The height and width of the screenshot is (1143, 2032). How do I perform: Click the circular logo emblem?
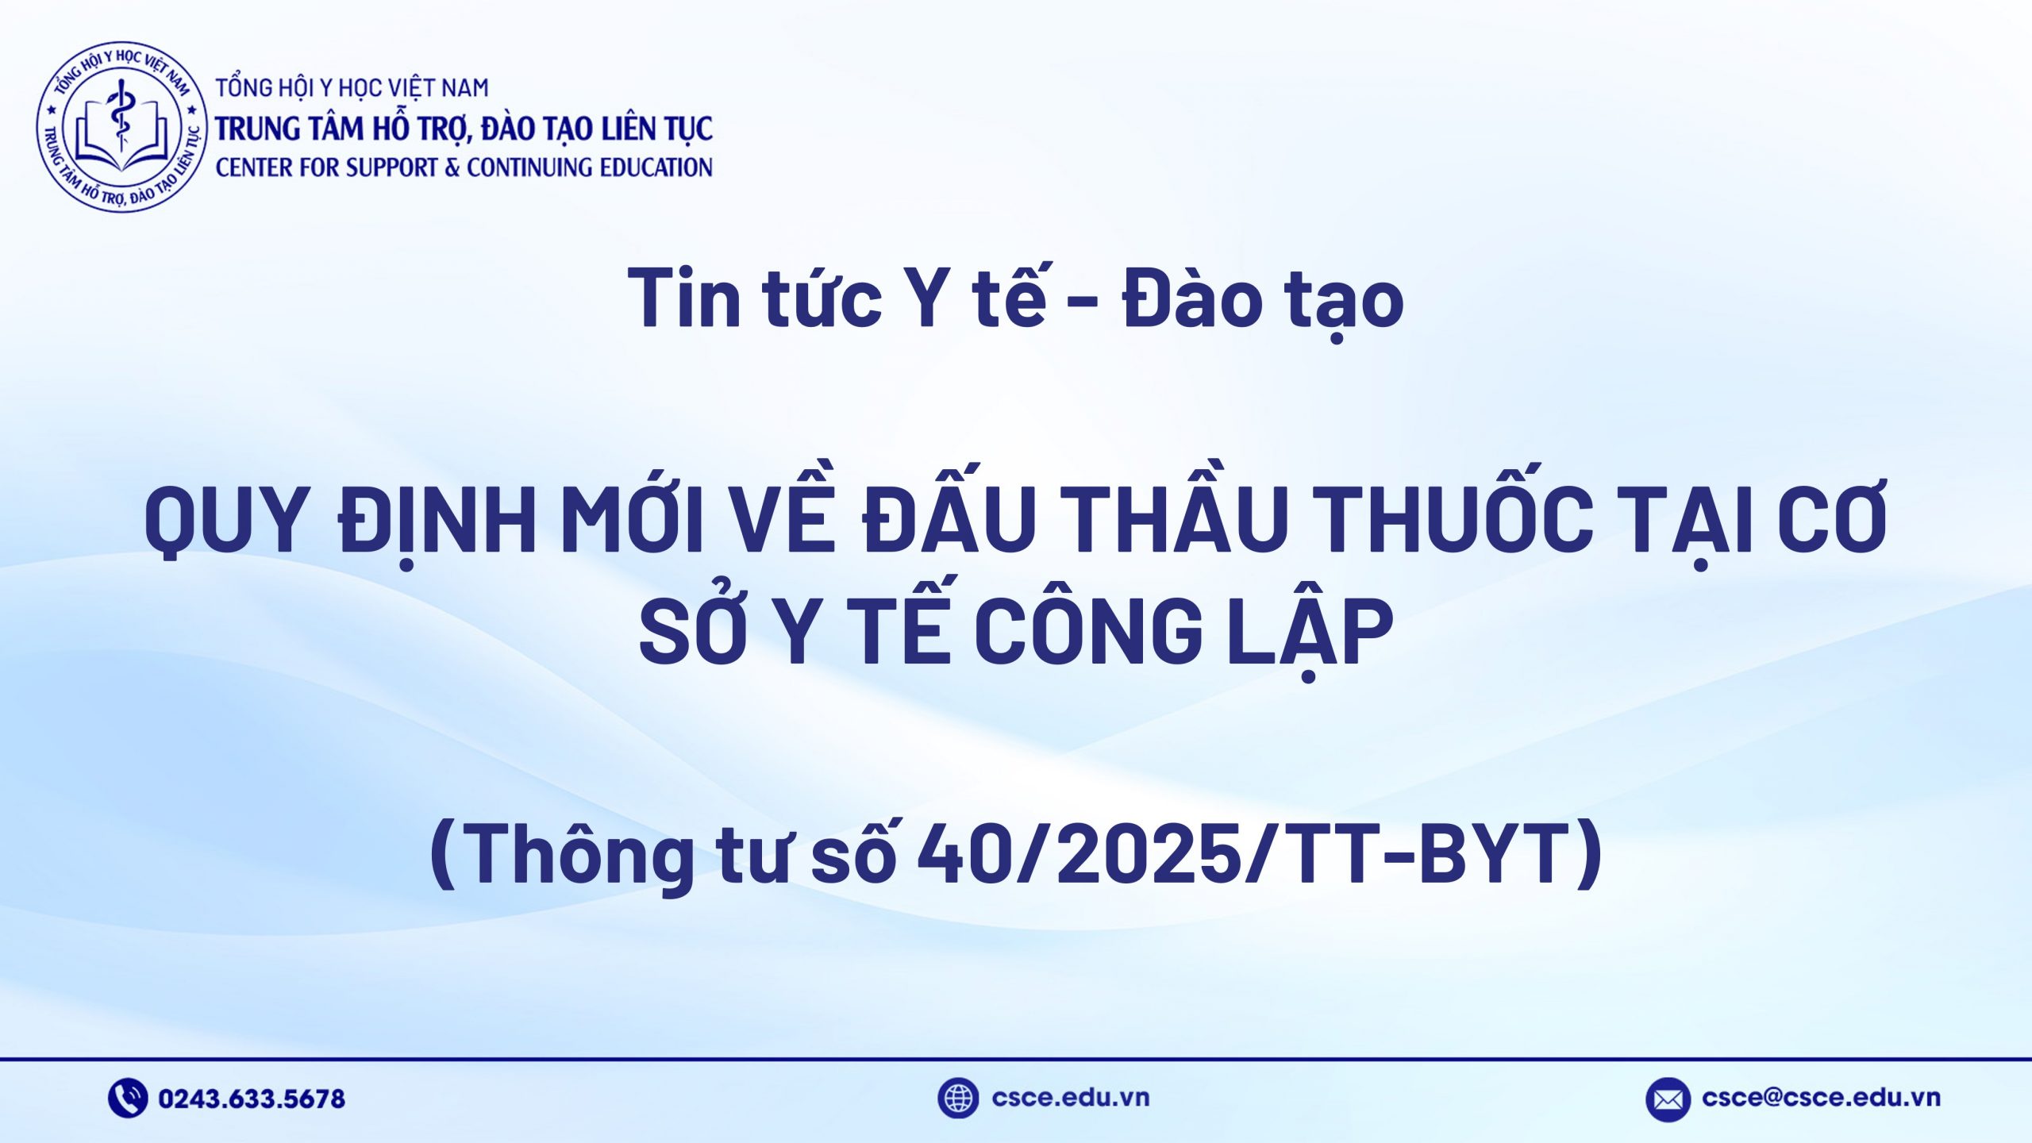pos(121,127)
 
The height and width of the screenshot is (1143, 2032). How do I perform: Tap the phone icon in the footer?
pos(127,1098)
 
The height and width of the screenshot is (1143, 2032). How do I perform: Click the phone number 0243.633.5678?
pos(252,1099)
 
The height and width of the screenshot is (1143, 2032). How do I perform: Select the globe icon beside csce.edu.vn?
pos(957,1098)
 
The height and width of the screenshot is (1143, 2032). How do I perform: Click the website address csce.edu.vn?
pos(1070,1098)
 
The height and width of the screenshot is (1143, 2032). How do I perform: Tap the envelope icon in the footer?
pos(1668,1099)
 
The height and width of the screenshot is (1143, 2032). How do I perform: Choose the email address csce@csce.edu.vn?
pos(1821,1098)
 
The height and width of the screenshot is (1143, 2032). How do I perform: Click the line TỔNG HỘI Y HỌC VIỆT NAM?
pos(352,87)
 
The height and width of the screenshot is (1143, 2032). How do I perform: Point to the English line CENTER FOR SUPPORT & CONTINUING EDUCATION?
pos(464,167)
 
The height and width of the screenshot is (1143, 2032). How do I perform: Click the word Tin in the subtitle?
pos(685,298)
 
